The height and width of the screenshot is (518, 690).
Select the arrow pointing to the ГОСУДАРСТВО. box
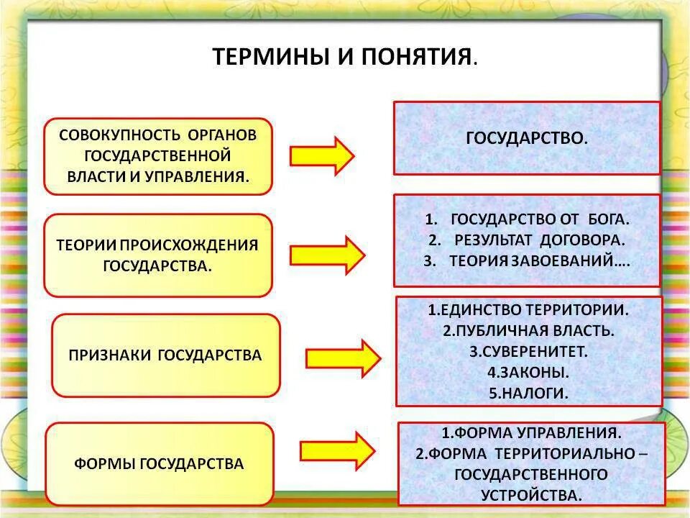point(321,155)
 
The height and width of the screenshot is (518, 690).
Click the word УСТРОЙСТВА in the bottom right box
point(532,495)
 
